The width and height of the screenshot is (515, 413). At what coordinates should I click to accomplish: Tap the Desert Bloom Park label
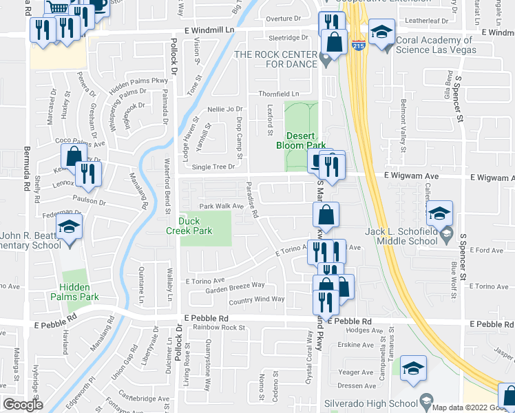(x=300, y=140)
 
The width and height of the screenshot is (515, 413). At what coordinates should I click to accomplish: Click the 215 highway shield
(x=359, y=46)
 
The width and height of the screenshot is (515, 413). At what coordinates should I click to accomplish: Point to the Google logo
(x=23, y=405)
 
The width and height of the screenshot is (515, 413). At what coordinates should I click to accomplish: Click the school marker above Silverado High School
(x=413, y=369)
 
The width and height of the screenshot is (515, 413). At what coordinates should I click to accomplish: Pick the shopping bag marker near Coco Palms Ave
(x=73, y=157)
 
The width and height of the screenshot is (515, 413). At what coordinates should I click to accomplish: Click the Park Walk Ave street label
(x=222, y=206)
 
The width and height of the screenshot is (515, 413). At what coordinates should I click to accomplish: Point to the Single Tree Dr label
(x=213, y=167)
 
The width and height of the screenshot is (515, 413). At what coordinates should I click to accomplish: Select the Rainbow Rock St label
(x=218, y=327)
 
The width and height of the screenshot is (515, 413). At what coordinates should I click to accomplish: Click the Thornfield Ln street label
(x=278, y=94)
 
